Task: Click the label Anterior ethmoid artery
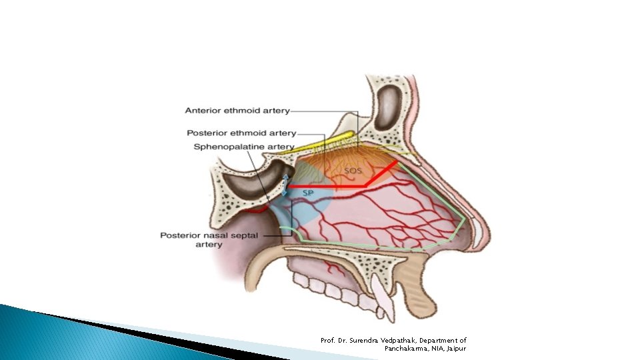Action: tap(237, 111)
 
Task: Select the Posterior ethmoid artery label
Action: tap(241, 133)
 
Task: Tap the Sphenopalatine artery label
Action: tap(243, 147)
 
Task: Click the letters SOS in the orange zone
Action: tap(353, 171)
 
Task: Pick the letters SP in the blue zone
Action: tap(308, 193)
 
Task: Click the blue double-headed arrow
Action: tap(286, 185)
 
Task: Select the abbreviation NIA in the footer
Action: tap(437, 349)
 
